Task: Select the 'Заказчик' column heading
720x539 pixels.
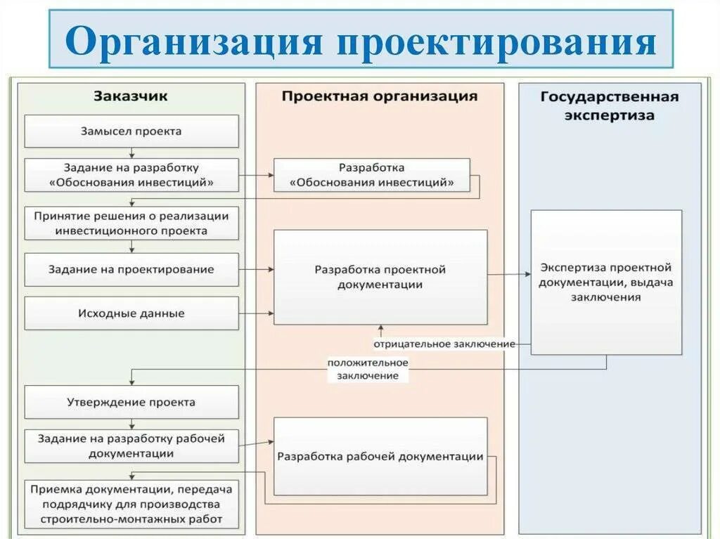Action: click(131, 96)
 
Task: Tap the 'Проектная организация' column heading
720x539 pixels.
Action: click(380, 96)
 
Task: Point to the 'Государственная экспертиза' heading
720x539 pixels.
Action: click(609, 105)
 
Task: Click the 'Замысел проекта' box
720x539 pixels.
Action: click(131, 131)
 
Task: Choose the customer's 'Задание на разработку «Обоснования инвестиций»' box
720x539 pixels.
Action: click(131, 175)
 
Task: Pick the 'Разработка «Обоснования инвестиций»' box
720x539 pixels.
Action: click(371, 175)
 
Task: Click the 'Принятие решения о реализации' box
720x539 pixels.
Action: click(131, 223)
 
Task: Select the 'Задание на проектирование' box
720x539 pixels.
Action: click(131, 270)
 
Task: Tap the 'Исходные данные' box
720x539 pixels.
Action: click(131, 313)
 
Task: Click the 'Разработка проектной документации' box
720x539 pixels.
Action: click(380, 277)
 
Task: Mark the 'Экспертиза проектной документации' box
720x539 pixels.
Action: click(606, 282)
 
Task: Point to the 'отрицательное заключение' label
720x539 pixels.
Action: click(444, 344)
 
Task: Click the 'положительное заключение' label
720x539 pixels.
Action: click(367, 369)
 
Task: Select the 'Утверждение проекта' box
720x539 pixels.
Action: click(131, 403)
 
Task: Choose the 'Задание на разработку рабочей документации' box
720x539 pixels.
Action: click(131, 446)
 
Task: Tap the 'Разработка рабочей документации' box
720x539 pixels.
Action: click(380, 457)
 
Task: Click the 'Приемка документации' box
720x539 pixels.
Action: click(131, 505)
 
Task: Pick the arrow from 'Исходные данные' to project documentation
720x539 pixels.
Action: click(256, 313)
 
